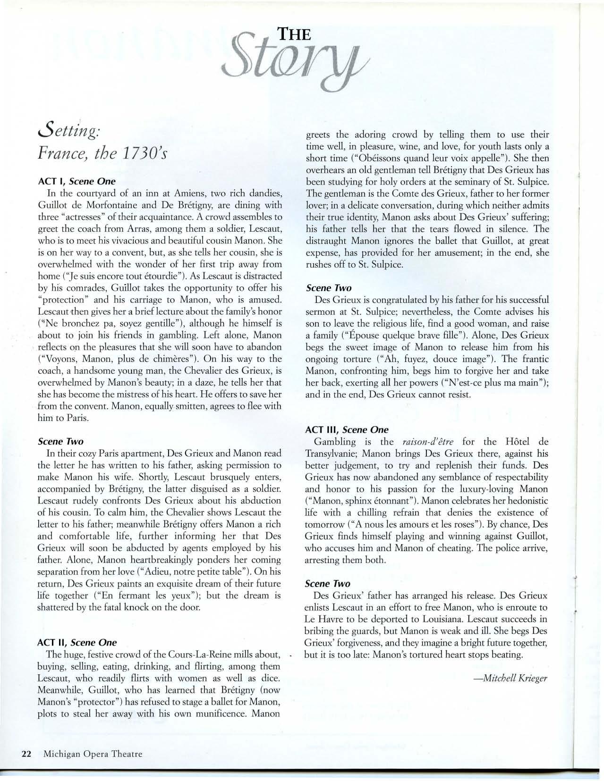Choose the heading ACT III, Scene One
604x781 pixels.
tap(347, 429)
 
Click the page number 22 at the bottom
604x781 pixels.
tap(26, 754)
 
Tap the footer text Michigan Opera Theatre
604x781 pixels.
tap(93, 754)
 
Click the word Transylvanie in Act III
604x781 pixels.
tap(333, 453)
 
